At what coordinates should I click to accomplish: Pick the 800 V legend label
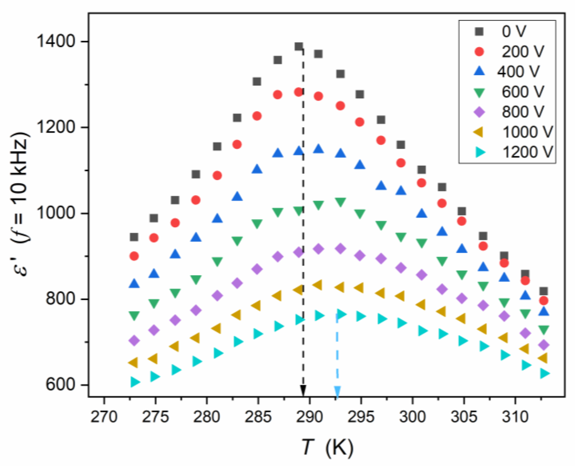tap(523, 112)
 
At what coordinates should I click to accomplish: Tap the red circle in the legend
tap(479, 51)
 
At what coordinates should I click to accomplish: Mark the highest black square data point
tap(299, 47)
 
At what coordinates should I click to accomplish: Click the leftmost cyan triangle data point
tap(135, 382)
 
